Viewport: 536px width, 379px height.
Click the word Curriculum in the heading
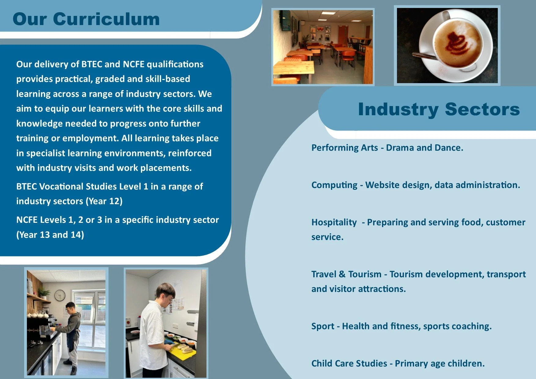pos(106,19)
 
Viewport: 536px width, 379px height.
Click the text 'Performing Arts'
pos(344,148)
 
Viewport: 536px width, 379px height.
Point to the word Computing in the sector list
pos(334,185)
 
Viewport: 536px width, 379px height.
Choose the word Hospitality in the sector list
pos(334,222)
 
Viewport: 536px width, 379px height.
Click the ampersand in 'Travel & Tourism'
pos(342,274)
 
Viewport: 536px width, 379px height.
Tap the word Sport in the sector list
pos(323,326)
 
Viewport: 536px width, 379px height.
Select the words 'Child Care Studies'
pos(349,363)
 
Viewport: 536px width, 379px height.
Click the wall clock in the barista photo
pos(60,295)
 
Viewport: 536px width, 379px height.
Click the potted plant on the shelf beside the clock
pos(45,293)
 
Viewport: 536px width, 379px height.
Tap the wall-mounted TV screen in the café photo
pos(286,20)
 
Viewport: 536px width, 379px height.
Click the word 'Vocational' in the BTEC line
pos(61,186)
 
